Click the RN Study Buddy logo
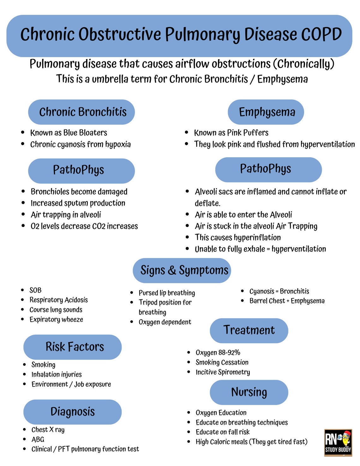[338, 442]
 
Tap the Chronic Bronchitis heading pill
[81, 112]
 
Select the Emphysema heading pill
[266, 112]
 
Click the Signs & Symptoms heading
[182, 270]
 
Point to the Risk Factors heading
[73, 347]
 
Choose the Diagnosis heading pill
[73, 412]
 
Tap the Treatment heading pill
[249, 330]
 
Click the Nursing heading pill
[249, 392]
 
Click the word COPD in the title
[321, 34]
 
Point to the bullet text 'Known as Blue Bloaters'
[69, 133]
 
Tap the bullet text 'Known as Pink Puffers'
[231, 133]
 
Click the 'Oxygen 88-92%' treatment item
[218, 352]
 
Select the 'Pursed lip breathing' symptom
[167, 293]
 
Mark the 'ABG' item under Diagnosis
[38, 439]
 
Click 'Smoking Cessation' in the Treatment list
[222, 362]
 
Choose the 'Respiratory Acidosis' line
[58, 300]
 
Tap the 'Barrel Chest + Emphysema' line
[287, 301]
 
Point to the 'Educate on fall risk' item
[222, 432]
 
